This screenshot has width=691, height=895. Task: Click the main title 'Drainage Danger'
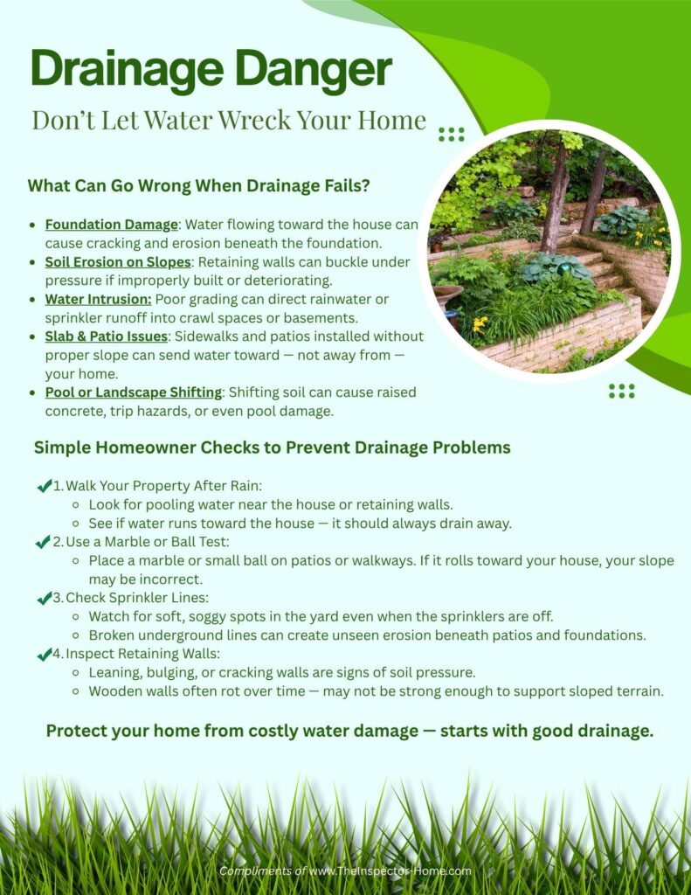[211, 71]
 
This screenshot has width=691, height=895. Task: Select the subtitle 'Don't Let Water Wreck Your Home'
[229, 120]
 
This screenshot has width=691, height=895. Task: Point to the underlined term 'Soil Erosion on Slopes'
[118, 261]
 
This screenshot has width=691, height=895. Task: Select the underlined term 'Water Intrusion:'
[98, 299]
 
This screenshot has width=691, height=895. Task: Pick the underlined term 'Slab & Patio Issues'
[107, 336]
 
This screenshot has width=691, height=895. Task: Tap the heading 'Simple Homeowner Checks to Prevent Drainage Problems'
[272, 447]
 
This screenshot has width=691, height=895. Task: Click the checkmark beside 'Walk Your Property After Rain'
[44, 486]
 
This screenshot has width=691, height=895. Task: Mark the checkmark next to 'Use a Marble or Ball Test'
[43, 542]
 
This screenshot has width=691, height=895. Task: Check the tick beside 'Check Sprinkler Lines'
[44, 598]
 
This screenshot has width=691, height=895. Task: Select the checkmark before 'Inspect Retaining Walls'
[44, 654]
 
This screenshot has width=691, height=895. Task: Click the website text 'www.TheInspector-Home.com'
[390, 871]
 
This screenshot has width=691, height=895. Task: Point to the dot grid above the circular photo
[451, 134]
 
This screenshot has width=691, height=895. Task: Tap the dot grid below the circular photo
[622, 391]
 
